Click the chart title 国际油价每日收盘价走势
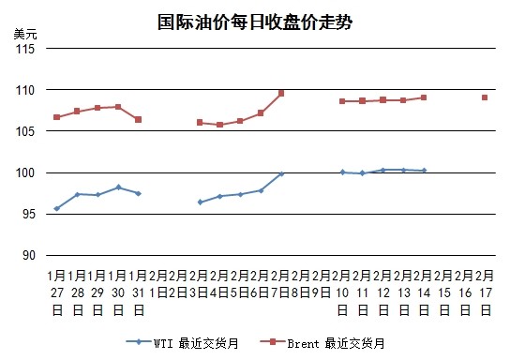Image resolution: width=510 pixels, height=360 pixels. (255, 22)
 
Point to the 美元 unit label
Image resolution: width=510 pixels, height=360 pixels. (25, 34)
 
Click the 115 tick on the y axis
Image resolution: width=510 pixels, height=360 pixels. (25, 49)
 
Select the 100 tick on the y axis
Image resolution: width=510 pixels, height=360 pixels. (25, 172)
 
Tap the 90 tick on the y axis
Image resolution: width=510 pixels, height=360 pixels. (29, 255)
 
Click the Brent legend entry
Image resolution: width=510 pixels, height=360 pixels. (322, 343)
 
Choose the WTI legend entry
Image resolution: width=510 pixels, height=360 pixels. (183, 343)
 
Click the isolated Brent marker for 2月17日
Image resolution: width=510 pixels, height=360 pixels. (485, 97)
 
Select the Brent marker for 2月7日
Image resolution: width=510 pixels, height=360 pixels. (281, 94)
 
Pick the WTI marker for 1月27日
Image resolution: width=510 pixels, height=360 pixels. (57, 208)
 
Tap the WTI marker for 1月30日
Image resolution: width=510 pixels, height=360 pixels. (118, 187)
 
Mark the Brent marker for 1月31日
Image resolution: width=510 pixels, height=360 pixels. (138, 120)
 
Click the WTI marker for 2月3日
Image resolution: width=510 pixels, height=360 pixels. (200, 202)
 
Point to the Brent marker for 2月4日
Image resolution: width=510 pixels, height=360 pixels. (220, 125)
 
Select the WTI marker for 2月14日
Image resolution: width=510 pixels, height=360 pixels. (424, 170)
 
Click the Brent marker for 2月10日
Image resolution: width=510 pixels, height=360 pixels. (342, 101)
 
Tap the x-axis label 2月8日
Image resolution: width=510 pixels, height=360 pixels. (301, 284)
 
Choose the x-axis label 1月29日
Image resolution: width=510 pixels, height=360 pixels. (97, 292)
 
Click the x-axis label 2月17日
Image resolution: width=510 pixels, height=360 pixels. (486, 292)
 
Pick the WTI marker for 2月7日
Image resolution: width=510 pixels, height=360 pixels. (281, 174)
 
